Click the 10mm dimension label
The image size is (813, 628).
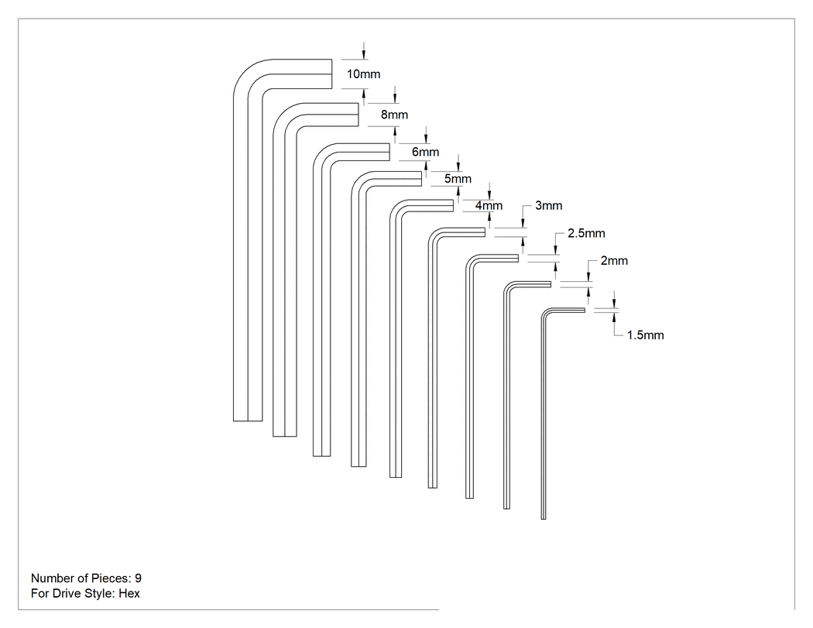363,74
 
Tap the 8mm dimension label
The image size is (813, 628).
394,115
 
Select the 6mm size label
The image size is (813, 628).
425,152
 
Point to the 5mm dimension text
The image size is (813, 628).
458,179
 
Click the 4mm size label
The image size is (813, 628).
489,206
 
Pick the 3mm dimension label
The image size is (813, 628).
548,206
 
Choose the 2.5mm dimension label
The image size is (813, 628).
586,233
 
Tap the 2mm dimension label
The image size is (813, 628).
615,261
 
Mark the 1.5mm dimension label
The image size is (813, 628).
646,335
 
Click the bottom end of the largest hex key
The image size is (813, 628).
248,420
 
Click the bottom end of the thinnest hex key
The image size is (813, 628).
544,519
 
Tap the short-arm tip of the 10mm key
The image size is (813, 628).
332,74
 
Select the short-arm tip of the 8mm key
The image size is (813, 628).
358,115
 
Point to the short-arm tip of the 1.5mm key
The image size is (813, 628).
585,310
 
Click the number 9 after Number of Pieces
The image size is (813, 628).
138,578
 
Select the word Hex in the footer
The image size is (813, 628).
129,593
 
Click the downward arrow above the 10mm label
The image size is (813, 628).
364,51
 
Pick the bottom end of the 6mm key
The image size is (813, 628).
322,456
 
